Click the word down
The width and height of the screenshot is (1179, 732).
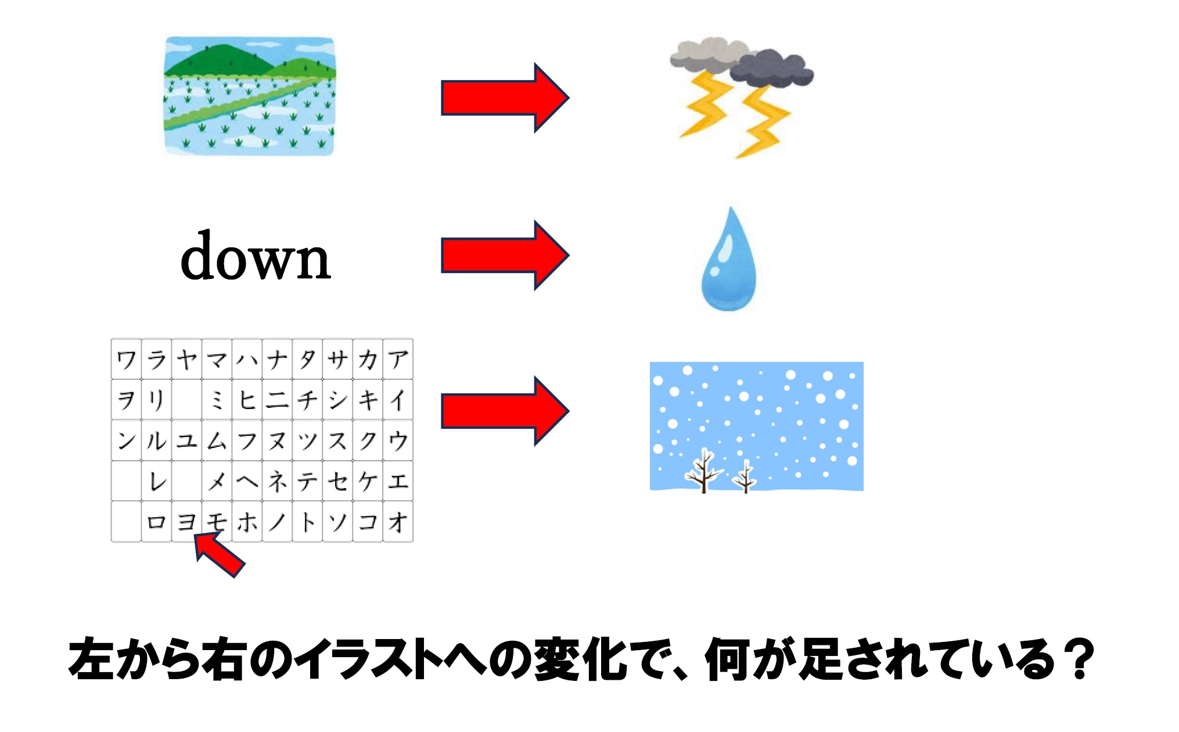[256, 256]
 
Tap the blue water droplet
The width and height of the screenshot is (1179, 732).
[729, 260]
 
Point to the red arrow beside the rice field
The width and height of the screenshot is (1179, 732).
[505, 98]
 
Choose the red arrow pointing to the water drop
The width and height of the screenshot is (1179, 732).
[505, 255]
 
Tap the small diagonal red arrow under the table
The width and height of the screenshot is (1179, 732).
[219, 555]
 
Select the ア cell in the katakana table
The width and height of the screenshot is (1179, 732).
[398, 359]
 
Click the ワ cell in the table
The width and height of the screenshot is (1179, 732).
[126, 359]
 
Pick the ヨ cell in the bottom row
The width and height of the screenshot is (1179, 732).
[186, 522]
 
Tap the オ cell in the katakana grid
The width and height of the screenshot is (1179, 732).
[398, 522]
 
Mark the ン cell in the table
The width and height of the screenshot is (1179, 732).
[126, 440]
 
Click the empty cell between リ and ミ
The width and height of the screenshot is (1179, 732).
[186, 400]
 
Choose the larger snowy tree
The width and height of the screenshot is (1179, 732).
[704, 471]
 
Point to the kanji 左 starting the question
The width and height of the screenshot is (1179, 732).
[92, 659]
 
